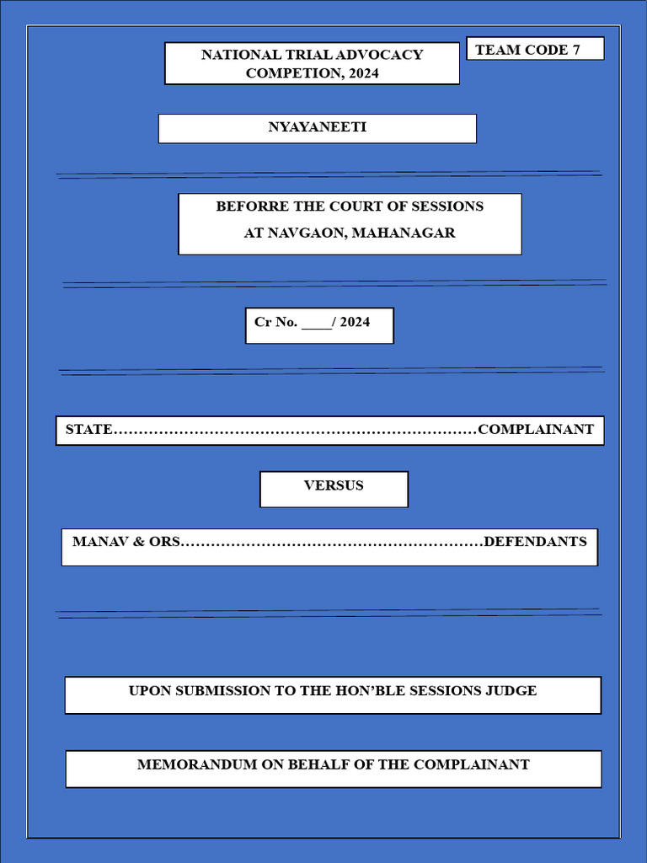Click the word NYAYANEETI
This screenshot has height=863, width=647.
point(317,128)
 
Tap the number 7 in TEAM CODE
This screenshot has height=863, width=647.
point(576,50)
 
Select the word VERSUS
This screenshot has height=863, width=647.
point(334,485)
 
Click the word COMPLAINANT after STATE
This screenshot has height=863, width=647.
point(536,430)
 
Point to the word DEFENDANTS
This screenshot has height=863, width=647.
point(536,542)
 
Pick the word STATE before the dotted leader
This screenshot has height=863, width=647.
point(88,430)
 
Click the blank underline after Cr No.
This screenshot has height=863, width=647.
point(316,323)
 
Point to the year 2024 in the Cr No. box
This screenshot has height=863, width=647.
point(355,322)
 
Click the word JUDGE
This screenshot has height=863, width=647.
point(511,691)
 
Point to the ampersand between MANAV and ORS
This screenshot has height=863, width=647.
point(139,542)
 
